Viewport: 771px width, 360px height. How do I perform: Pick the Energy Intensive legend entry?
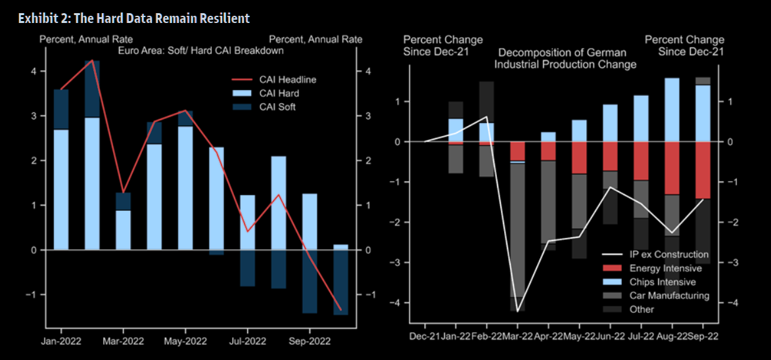pyautogui.click(x=665, y=268)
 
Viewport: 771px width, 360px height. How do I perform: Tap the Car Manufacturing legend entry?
pyautogui.click(x=669, y=296)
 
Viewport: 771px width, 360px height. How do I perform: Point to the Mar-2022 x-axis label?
pyautogui.click(x=123, y=342)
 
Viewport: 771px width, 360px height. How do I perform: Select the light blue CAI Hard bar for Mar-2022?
pyautogui.click(x=123, y=230)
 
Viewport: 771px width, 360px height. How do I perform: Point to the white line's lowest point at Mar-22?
pyautogui.click(x=518, y=311)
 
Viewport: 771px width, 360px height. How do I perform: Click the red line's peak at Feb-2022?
pyautogui.click(x=92, y=60)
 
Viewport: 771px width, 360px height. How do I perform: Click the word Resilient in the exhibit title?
pyautogui.click(x=223, y=18)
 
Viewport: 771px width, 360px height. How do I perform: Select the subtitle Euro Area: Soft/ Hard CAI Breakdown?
pyautogui.click(x=200, y=51)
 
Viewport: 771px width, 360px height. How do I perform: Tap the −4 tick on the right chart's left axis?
pyautogui.click(x=396, y=303)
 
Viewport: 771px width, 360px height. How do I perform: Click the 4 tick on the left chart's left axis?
pyautogui.click(x=35, y=71)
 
